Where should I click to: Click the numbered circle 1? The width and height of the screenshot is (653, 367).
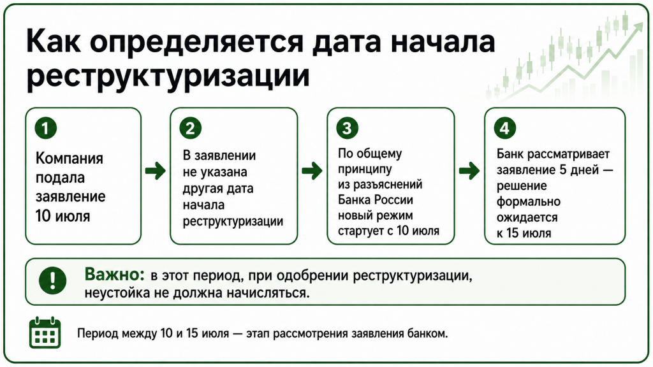click(46, 128)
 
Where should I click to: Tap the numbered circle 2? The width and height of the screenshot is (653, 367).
click(190, 128)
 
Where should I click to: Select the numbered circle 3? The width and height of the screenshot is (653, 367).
click(347, 128)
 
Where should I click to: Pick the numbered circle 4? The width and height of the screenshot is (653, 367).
click(504, 128)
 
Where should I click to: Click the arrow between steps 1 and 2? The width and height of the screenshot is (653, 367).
click(156, 171)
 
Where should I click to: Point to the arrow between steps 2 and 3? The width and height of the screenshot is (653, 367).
click(312, 171)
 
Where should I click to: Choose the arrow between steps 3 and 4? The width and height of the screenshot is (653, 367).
click(469, 171)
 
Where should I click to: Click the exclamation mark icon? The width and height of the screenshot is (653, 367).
click(52, 280)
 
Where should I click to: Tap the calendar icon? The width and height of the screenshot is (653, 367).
click(45, 333)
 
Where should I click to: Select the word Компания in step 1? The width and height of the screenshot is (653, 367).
click(69, 159)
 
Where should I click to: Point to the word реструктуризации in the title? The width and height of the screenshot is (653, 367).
click(168, 77)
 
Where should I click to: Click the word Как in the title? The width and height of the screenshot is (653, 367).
click(54, 41)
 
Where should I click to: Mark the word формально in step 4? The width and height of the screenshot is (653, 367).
click(529, 202)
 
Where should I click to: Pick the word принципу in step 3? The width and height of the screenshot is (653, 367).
click(365, 169)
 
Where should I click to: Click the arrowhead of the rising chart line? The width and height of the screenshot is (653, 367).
click(638, 27)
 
